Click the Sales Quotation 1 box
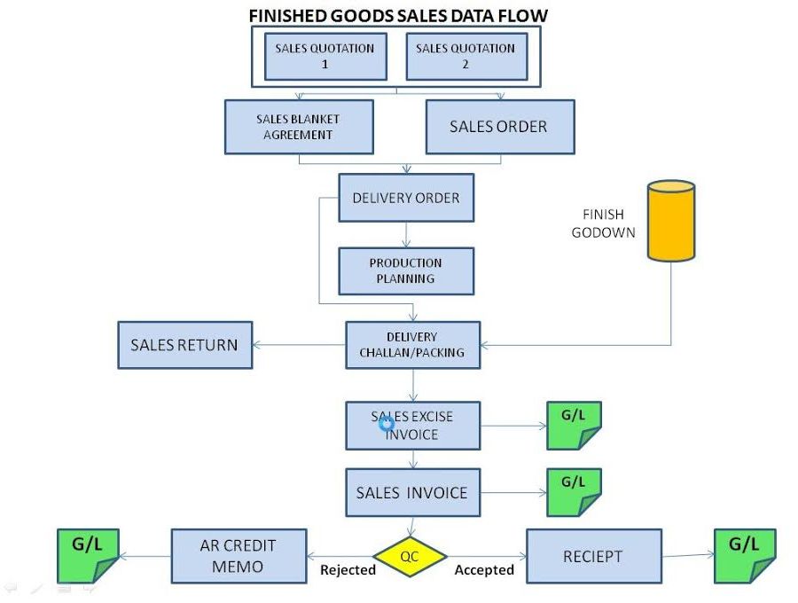coord(325,56)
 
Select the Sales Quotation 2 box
coord(465,56)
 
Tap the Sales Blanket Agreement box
coord(298,127)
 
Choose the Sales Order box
coord(499,127)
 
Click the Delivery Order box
coord(406,198)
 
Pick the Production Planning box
coord(406,270)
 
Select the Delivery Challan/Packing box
coord(412,345)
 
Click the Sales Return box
coord(184,345)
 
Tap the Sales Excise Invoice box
coord(412,425)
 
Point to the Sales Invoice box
coord(412,492)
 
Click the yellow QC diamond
coord(410,557)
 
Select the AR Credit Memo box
coord(239,556)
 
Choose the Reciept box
coord(593,556)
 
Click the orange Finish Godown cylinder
coord(671,221)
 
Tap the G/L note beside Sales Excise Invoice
coord(574,426)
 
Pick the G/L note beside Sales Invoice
coord(574,492)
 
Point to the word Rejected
coord(348,570)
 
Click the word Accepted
coord(484,570)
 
